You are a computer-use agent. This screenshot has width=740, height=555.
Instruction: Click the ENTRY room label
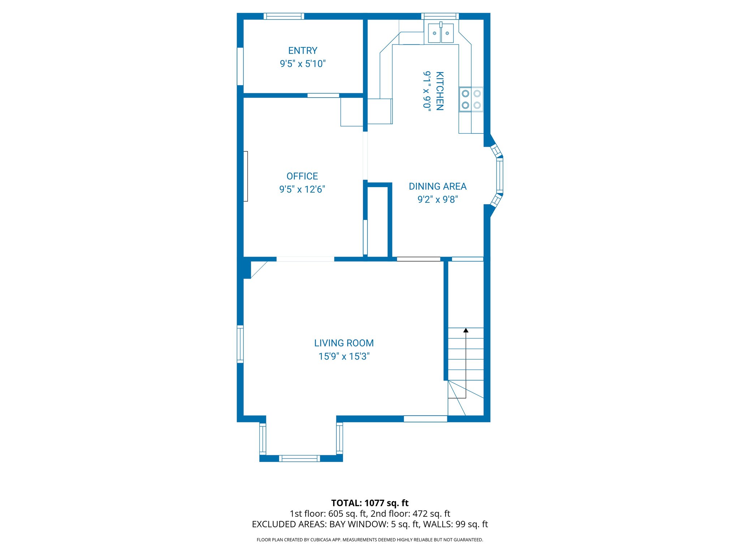[x=302, y=51]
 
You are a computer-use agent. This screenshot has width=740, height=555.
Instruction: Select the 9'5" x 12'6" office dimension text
[x=302, y=189]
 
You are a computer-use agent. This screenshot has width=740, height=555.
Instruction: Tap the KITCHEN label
[x=439, y=91]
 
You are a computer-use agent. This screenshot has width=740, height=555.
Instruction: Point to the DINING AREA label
[x=438, y=186]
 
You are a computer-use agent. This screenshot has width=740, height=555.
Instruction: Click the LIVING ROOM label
[x=344, y=343]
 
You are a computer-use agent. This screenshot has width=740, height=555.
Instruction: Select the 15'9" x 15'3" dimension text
[x=344, y=356]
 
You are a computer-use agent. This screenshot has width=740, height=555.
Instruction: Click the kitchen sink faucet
[x=441, y=25]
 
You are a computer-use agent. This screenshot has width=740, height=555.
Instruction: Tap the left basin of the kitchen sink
[x=434, y=33]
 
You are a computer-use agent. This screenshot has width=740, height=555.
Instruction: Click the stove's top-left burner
[x=465, y=94]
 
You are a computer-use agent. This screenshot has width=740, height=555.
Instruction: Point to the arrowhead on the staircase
[x=466, y=330]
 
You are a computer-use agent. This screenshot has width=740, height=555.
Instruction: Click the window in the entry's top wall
[x=284, y=16]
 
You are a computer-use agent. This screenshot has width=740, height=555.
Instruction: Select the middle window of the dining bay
[x=499, y=176]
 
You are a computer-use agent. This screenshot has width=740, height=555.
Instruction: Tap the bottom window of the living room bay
[x=299, y=458]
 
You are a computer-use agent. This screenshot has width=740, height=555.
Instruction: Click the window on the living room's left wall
[x=240, y=344]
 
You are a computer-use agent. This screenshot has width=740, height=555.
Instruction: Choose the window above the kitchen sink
[x=440, y=16]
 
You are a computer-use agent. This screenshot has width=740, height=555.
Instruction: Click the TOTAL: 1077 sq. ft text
[x=370, y=503]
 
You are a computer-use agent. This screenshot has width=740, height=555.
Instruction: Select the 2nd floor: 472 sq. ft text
[x=410, y=513]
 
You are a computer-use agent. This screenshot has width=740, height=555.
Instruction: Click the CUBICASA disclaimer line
[x=370, y=540]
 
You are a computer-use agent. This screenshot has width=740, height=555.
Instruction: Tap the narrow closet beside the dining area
[x=378, y=221]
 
